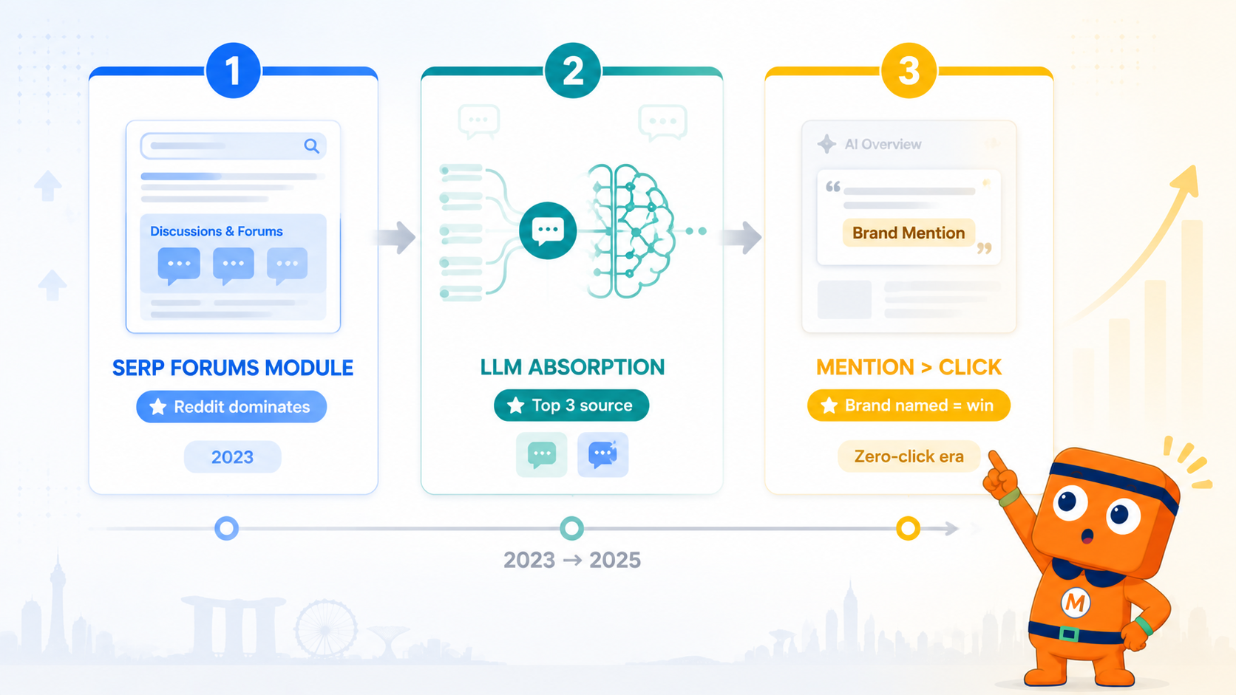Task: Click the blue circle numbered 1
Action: (233, 71)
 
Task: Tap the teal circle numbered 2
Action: (572, 71)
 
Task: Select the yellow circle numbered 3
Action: (909, 71)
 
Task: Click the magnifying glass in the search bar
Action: (312, 146)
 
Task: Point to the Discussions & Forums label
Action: (217, 231)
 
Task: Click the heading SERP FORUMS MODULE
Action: (233, 368)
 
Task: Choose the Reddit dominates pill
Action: (231, 407)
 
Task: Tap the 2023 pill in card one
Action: (232, 457)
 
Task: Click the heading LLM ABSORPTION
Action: (572, 367)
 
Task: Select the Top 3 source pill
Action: (571, 405)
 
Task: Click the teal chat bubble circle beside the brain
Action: (548, 231)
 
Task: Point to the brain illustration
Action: (629, 231)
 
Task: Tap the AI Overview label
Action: (883, 145)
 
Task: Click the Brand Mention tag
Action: (909, 233)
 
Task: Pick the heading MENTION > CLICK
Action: (909, 367)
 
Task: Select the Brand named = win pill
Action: (909, 405)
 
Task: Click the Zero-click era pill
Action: (909, 456)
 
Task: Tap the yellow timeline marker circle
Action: (908, 528)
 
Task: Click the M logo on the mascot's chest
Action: (1076, 603)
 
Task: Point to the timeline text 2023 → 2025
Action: (572, 560)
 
